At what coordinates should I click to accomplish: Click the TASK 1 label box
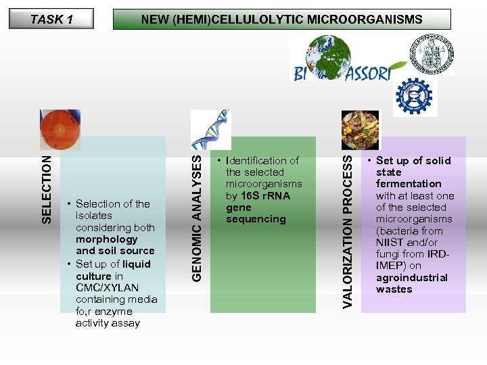point(51,19)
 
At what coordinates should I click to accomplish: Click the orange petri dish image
point(65,128)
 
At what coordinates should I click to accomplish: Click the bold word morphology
point(107,239)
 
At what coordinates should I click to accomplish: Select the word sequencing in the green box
point(256,219)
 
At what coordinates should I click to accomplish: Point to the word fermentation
point(409,184)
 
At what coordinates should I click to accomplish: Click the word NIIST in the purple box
point(390,242)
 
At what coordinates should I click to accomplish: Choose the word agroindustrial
point(412,277)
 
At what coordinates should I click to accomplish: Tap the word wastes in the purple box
point(394,289)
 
